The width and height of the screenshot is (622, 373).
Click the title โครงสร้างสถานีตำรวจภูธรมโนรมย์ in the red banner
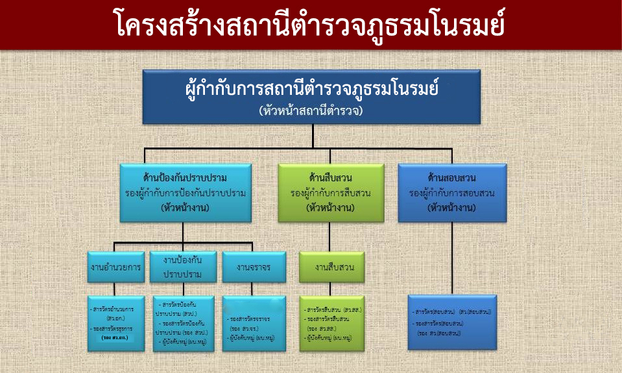pos(311,25)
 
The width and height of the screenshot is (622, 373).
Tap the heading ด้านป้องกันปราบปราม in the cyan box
pos(186,177)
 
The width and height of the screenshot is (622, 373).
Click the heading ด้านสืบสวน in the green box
pos(328,177)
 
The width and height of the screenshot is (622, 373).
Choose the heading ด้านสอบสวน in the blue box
pos(451,177)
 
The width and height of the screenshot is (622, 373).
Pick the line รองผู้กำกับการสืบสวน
pos(328,193)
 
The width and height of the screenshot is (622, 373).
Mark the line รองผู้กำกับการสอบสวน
pos(451,193)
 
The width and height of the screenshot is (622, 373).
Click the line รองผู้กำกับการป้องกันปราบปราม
pos(186,193)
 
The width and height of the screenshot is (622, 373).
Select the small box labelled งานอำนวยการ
pos(117,267)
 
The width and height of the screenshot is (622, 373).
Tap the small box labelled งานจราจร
pos(254,267)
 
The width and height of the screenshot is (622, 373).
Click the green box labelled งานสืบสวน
pos(331,267)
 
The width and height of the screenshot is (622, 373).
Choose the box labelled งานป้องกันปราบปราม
pos(183,267)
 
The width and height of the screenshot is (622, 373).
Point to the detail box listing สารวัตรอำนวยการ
pos(117,323)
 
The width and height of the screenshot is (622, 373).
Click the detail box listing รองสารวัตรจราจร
pos(254,323)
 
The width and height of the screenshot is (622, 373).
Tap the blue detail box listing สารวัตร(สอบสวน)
pos(452,323)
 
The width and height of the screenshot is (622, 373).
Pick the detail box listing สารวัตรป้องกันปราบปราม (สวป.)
pos(184,323)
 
